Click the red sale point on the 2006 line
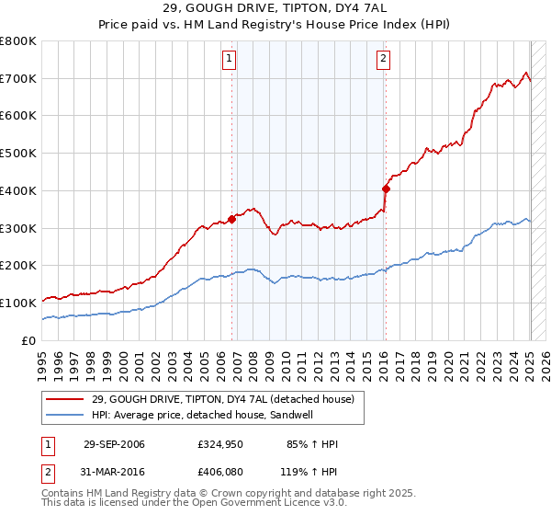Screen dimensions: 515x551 231,218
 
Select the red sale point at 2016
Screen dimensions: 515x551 386,189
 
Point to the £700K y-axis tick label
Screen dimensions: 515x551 18,78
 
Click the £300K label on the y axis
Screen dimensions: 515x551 18,228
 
